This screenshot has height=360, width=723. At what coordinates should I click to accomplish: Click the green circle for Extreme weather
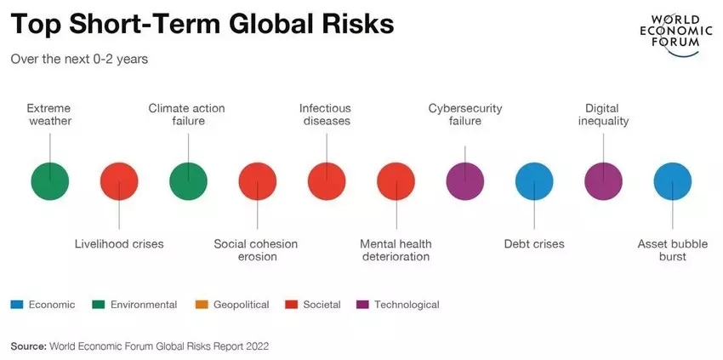[x=49, y=180]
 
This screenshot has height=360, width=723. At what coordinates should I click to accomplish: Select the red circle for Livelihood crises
[x=119, y=180]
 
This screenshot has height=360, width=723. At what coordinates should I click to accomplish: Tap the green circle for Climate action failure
[x=188, y=180]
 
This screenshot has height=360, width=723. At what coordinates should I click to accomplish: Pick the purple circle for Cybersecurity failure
[x=465, y=180]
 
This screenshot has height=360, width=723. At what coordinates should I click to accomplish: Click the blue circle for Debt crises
[x=534, y=180]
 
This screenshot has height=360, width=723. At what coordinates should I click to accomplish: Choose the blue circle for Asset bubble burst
[x=673, y=180]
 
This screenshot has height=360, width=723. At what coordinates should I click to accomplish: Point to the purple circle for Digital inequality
[x=604, y=180]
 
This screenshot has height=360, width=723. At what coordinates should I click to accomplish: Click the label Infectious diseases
[x=325, y=114]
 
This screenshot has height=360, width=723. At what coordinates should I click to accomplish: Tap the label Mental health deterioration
[x=395, y=249]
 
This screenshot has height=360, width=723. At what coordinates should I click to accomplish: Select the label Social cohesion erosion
[x=256, y=249]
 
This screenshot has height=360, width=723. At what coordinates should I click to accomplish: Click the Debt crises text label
[x=534, y=243]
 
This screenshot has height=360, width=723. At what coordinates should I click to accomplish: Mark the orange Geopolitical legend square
[x=201, y=304]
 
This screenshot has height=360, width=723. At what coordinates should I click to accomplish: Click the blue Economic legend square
[x=16, y=304]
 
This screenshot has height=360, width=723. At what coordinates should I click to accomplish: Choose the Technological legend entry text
[x=407, y=304]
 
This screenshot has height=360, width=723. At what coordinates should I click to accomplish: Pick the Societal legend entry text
[x=322, y=304]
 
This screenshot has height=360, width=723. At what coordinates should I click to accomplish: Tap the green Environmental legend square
[x=98, y=304]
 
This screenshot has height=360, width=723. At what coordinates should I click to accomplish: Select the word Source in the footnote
[x=28, y=346]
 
